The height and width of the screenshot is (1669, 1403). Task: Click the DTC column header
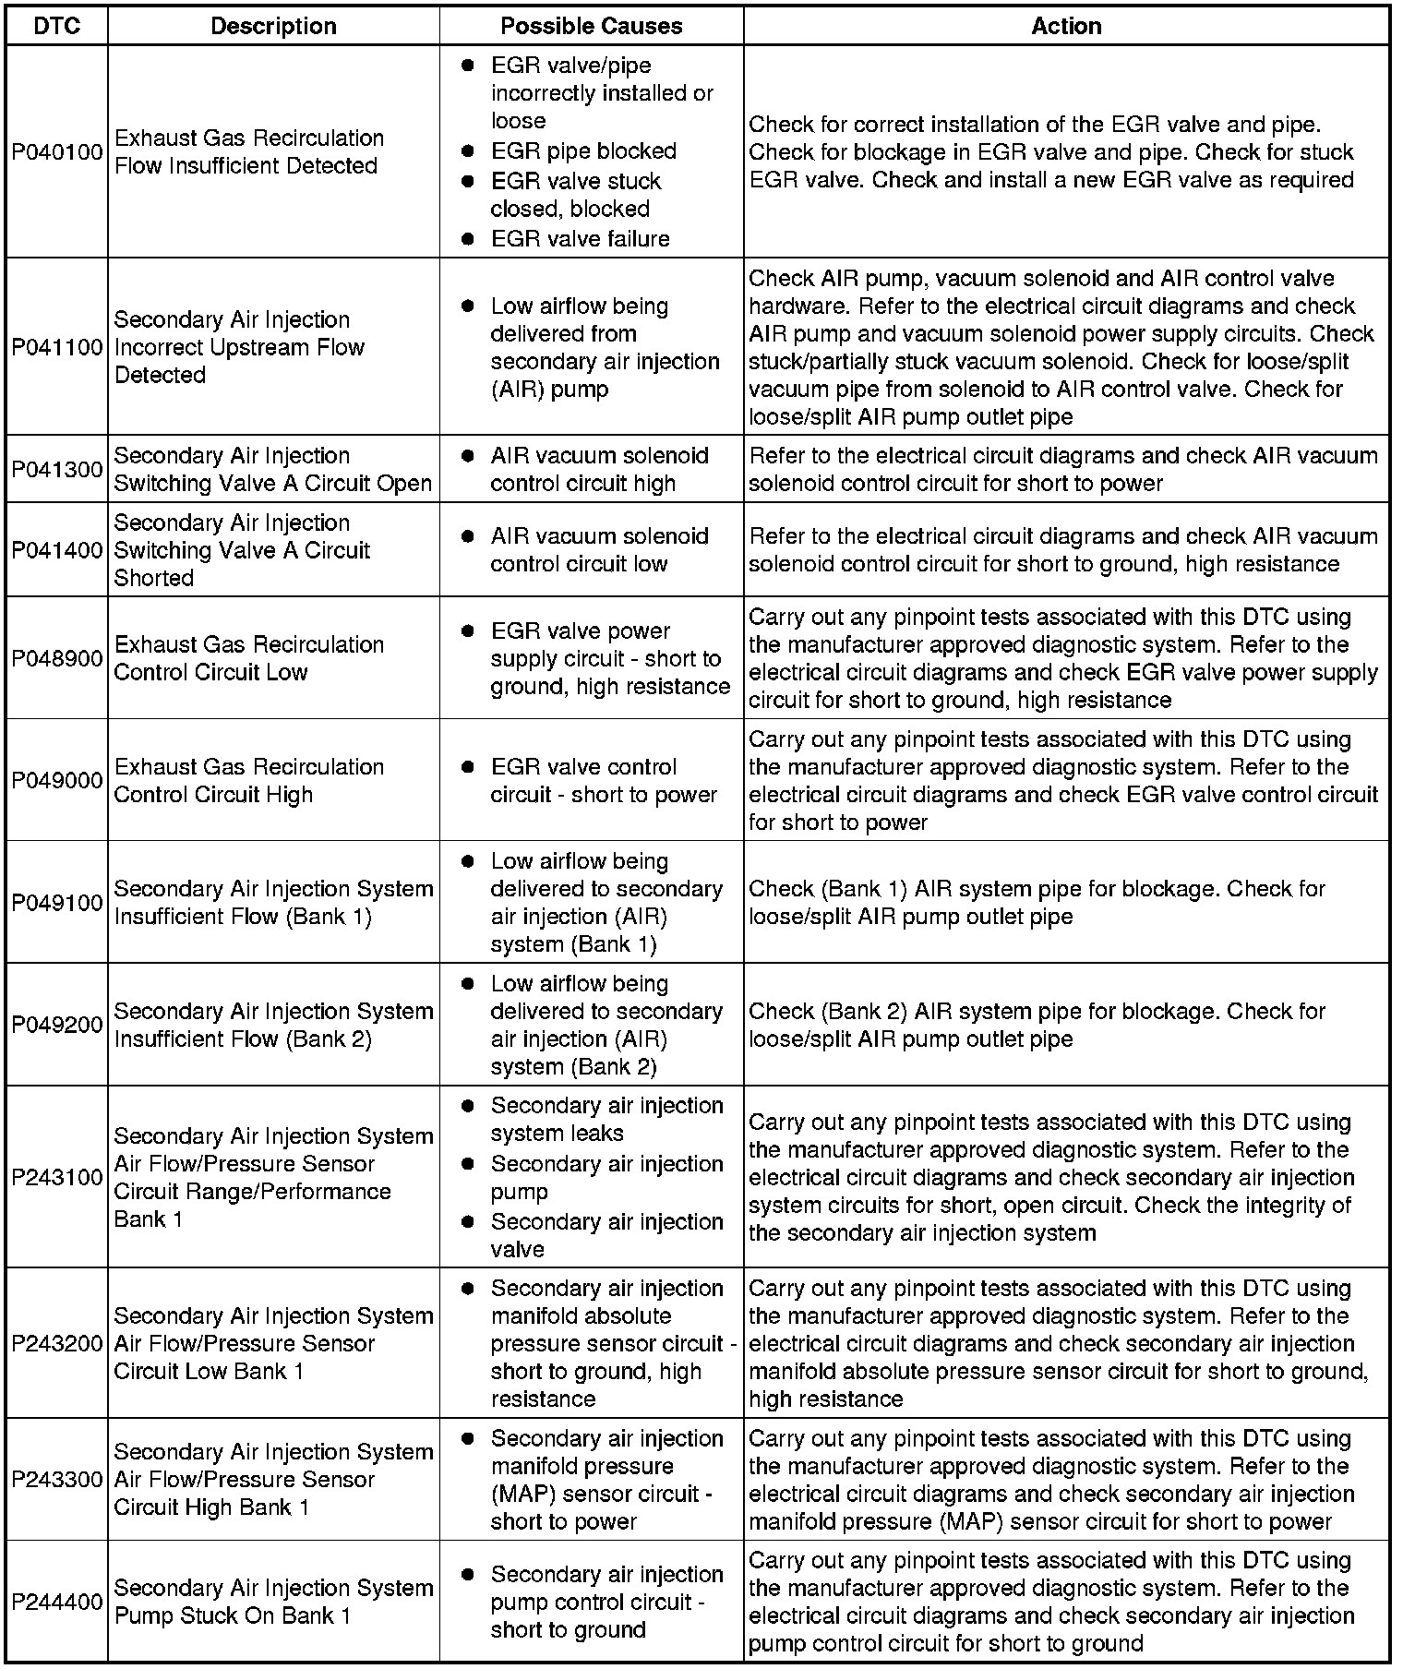[x=56, y=26]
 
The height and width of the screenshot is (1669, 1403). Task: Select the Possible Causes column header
[x=591, y=26]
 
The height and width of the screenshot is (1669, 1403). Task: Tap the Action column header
[x=1066, y=26]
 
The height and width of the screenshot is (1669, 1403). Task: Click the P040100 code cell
[x=56, y=152]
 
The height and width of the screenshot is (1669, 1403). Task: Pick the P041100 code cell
[x=56, y=347]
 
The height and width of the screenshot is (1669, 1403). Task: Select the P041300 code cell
[x=56, y=469]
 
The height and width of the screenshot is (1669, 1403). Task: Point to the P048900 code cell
[x=56, y=658]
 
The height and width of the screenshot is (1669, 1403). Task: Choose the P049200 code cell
[x=56, y=1025]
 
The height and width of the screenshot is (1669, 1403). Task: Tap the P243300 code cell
[x=56, y=1480]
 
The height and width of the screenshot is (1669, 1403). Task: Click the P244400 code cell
[x=56, y=1602]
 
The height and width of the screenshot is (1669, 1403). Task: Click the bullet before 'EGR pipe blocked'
[x=468, y=150]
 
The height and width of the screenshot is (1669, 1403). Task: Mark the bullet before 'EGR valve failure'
[x=468, y=238]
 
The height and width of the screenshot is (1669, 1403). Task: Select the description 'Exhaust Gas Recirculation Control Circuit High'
[x=249, y=780]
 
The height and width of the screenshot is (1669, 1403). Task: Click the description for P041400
[x=242, y=550]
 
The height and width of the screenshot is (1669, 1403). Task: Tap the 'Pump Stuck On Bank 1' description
[x=273, y=1602]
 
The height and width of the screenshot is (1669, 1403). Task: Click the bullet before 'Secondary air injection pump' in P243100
[x=468, y=1164]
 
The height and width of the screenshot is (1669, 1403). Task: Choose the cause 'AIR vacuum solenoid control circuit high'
[x=599, y=469]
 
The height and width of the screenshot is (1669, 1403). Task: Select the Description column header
[x=273, y=26]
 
